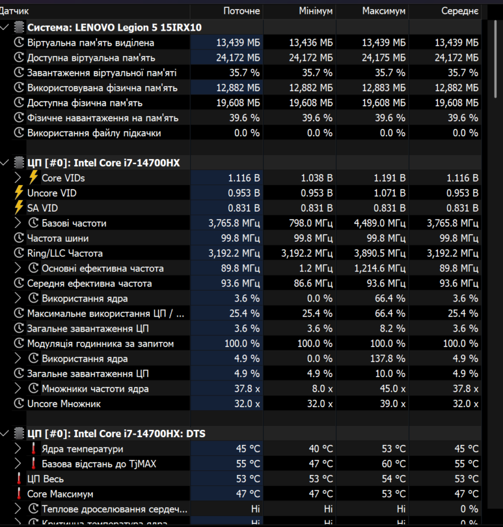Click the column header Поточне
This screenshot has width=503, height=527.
(242, 11)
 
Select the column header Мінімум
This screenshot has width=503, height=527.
(316, 11)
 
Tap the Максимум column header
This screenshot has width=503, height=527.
(384, 11)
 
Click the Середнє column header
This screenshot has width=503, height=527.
(460, 11)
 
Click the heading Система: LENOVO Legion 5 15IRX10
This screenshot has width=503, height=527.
(114, 28)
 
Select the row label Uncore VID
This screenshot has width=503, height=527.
(52, 194)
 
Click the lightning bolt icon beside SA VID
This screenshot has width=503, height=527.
(19, 207)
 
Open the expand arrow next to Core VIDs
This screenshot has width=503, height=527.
(18, 178)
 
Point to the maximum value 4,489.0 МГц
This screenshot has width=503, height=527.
(380, 224)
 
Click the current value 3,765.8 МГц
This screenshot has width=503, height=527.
(234, 224)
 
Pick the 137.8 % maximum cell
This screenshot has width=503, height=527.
(388, 359)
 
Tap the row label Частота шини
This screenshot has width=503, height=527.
(58, 238)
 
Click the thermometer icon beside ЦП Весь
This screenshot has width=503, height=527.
(19, 479)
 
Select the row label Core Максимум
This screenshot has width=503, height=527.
(60, 494)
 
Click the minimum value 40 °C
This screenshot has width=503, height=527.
(320, 449)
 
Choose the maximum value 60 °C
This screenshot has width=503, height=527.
(393, 464)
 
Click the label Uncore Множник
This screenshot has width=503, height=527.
(64, 403)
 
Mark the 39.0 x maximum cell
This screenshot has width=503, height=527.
(393, 403)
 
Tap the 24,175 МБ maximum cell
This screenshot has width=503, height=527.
(384, 58)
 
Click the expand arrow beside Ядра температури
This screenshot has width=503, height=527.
(18, 449)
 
